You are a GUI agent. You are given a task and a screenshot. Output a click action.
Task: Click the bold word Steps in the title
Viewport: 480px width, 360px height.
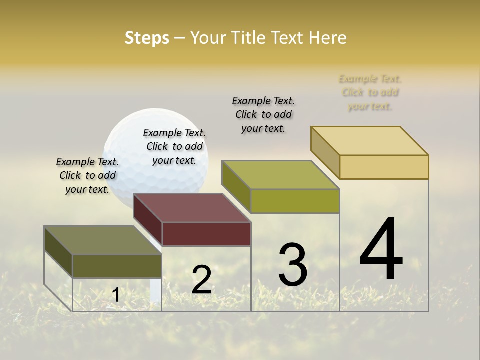coord(147,38)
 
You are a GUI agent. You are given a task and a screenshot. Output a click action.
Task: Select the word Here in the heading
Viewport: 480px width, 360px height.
coord(327,38)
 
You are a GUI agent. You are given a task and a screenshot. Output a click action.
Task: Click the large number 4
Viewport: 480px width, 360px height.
coord(381,250)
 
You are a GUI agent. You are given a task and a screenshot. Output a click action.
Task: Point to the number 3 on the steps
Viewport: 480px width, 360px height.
coord(293,265)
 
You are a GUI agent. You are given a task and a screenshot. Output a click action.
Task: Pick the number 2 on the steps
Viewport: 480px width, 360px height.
coord(202,280)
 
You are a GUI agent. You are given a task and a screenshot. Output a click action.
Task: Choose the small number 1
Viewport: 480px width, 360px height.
coord(116,295)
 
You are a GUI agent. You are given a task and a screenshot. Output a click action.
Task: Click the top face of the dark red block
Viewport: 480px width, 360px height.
coord(192,207)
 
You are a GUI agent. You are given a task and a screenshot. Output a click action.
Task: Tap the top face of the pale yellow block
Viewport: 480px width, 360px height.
coord(370,140)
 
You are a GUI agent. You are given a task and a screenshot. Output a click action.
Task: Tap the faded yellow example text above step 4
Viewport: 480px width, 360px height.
coord(370,92)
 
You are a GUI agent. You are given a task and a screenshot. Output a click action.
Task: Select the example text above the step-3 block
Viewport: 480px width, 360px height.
coord(263,114)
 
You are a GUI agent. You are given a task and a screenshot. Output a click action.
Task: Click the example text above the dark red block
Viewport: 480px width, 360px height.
coord(174,146)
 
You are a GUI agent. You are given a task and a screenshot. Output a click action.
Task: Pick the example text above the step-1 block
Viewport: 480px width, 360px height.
coord(87,175)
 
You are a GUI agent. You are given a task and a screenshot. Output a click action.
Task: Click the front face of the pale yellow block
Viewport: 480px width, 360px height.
coord(384,167)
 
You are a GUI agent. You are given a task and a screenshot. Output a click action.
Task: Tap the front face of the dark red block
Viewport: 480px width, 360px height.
coord(206,234)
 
